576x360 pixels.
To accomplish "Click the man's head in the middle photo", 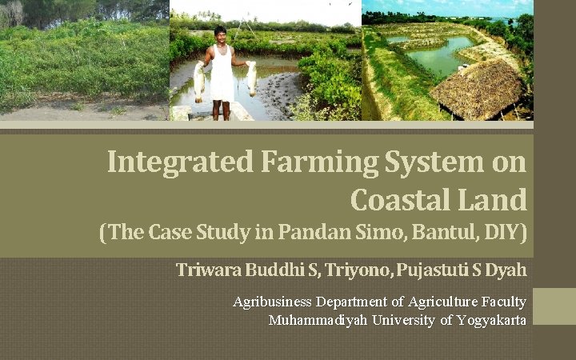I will click(220, 34).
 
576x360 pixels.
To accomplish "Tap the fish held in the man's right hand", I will click(198, 80).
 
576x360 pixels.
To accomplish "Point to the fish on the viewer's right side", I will click(250, 78).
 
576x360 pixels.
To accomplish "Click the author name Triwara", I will click(210, 270).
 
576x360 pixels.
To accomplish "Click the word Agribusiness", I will click(273, 302).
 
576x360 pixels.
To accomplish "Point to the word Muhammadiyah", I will click(320, 320).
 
